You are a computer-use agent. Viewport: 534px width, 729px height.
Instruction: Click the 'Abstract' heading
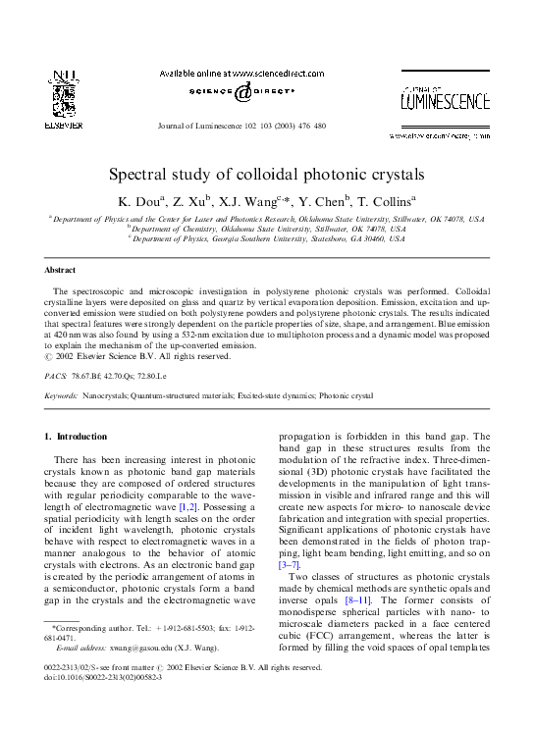pyautogui.click(x=60, y=269)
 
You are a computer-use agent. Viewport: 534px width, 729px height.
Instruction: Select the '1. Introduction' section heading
pyautogui.click(x=81, y=436)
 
